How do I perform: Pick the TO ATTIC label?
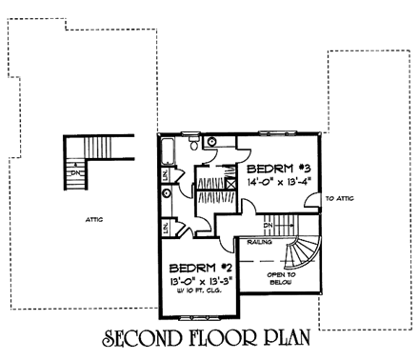pyautogui.click(x=340, y=199)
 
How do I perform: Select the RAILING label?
pyautogui.click(x=261, y=243)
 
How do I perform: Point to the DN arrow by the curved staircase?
pyautogui.click(x=269, y=227)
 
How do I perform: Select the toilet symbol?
pyautogui.click(x=194, y=144)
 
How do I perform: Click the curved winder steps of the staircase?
pyautogui.click(x=303, y=250)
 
